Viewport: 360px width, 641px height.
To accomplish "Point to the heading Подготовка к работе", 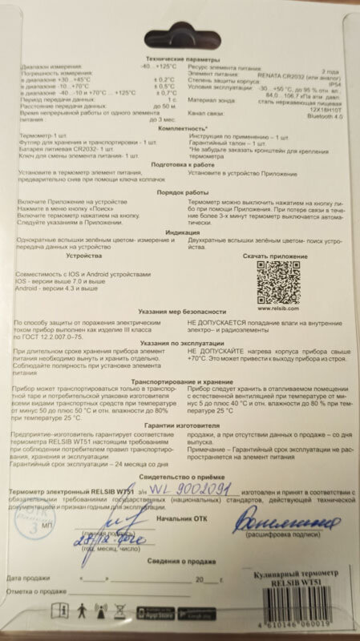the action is (180, 185).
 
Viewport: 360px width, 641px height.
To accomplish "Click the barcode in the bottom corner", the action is (307, 617).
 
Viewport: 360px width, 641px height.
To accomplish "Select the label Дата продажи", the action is (29, 577).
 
